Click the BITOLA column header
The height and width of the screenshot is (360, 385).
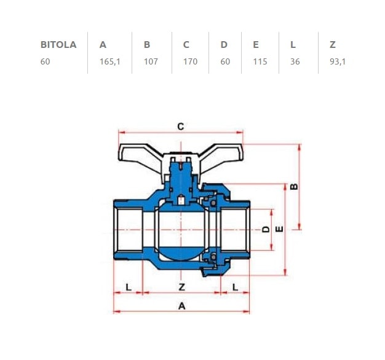point(58,45)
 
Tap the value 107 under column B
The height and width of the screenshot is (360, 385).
point(151,62)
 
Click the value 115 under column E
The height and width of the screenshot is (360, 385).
point(260,62)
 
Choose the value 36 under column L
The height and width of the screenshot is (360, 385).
point(295,62)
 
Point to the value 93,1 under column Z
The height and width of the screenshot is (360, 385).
point(338,62)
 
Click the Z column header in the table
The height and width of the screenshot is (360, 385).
point(333,45)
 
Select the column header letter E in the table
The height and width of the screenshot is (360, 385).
point(255,45)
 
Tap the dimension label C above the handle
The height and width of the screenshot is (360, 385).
point(181,127)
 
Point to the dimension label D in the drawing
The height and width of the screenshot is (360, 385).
point(266,229)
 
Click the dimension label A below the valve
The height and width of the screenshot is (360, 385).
point(181,305)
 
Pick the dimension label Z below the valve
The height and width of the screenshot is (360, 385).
point(181,287)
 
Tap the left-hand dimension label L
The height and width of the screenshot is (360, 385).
point(128,287)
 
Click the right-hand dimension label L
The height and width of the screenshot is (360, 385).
point(236,287)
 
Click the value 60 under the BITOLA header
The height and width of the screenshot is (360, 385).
point(45,62)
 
